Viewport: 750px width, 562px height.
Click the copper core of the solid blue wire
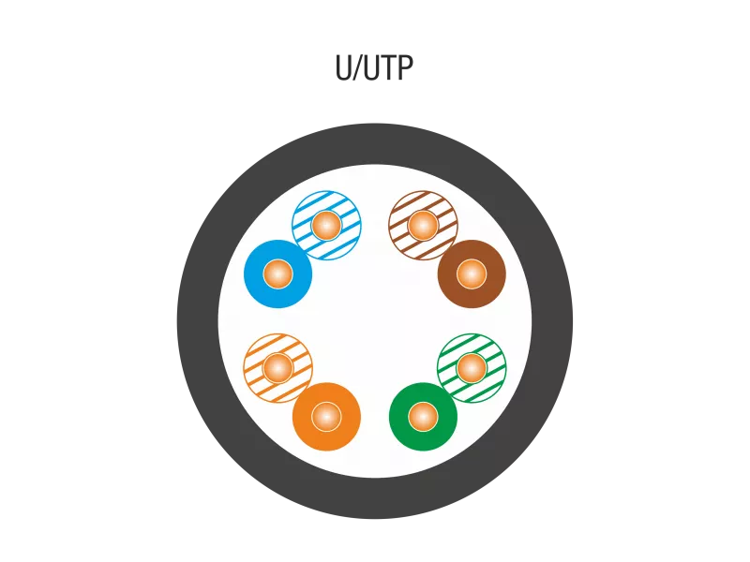coord(277,274)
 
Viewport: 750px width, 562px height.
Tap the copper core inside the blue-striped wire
coord(326,226)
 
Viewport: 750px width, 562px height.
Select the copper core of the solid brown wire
coord(472,274)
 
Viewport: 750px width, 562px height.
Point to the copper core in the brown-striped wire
coord(423,226)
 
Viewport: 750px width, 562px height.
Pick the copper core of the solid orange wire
coord(326,416)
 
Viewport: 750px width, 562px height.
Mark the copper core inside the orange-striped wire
coord(277,367)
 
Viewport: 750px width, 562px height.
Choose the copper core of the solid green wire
coord(423,416)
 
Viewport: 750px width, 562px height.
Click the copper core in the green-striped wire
coord(472,367)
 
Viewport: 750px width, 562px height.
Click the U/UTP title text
coord(374,68)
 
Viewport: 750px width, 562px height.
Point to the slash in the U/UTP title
coord(357,68)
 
